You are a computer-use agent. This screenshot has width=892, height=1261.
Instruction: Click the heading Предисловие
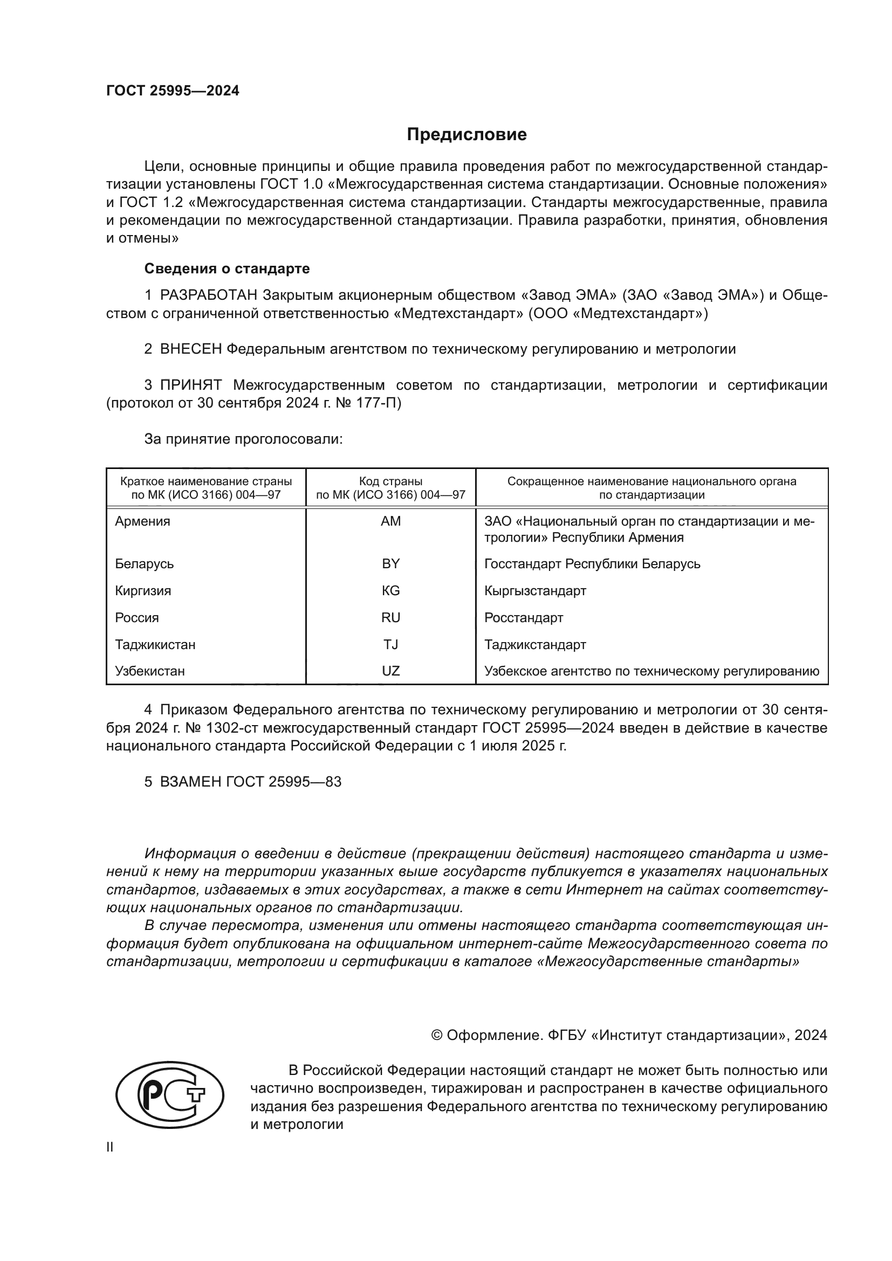[466, 135]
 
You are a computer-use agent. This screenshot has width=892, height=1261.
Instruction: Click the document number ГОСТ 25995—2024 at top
[173, 91]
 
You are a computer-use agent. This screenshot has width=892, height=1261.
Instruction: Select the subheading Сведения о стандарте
[227, 268]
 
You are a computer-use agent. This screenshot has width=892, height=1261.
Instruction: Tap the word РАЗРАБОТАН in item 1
[208, 295]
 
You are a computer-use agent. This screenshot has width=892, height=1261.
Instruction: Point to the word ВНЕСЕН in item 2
[190, 349]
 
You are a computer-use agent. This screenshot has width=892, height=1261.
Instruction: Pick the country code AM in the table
[390, 521]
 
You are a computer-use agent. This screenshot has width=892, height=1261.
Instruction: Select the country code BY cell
[390, 564]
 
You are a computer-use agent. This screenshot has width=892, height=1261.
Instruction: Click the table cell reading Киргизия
[143, 591]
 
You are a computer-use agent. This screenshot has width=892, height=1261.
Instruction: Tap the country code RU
[390, 618]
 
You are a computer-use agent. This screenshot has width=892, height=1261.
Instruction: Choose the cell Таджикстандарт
[535, 645]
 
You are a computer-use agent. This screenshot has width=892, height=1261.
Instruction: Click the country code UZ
[390, 671]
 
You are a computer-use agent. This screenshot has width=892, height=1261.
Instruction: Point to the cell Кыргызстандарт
[535, 591]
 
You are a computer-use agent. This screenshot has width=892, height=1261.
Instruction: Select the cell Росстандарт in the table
[524, 618]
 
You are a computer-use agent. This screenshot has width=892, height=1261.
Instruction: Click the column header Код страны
[390, 481]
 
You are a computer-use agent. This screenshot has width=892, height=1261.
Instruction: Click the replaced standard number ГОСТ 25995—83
[284, 782]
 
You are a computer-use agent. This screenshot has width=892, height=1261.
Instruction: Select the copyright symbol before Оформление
[437, 1036]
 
